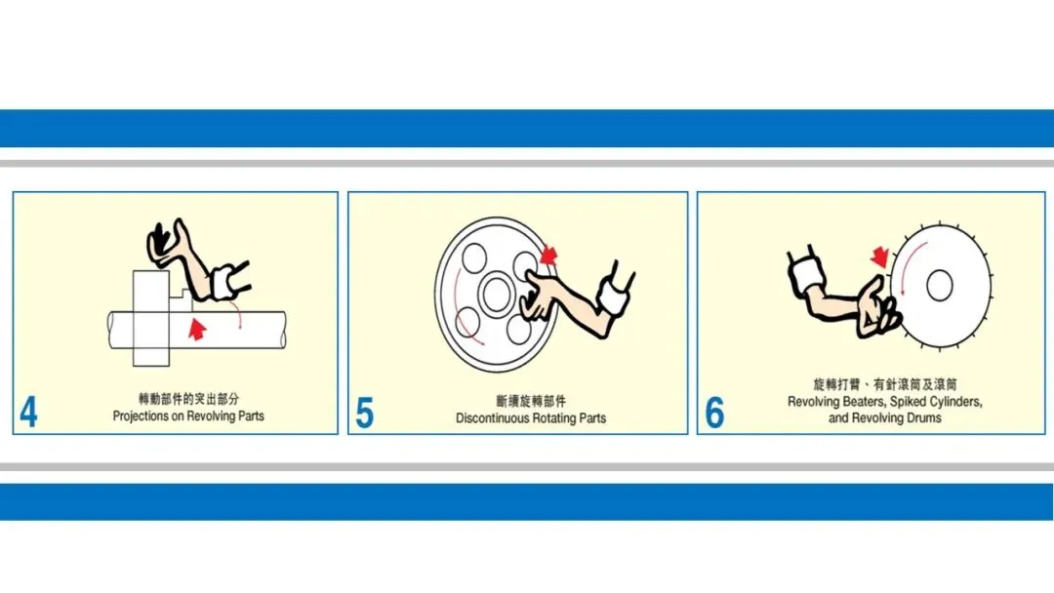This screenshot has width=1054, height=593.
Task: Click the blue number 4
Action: [x=28, y=413]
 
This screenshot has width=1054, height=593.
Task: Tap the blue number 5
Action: [x=364, y=413]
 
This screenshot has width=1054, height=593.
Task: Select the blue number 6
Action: [x=714, y=413]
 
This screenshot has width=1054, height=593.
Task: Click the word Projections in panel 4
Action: [x=141, y=416]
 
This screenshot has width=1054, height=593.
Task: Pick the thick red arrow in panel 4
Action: [x=197, y=329]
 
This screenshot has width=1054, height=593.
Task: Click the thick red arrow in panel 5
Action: [x=548, y=256]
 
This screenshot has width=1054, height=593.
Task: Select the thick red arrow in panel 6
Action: [x=879, y=257]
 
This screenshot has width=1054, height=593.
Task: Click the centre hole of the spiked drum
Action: [x=939, y=286]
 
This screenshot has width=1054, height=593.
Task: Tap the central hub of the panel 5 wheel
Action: [x=496, y=295]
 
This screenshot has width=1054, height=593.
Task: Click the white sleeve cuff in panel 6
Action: [x=806, y=273]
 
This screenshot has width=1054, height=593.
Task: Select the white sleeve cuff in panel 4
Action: [x=223, y=283]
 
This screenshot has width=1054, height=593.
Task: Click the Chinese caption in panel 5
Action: [x=531, y=402]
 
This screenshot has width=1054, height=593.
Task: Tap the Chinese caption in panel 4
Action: [x=188, y=400]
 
